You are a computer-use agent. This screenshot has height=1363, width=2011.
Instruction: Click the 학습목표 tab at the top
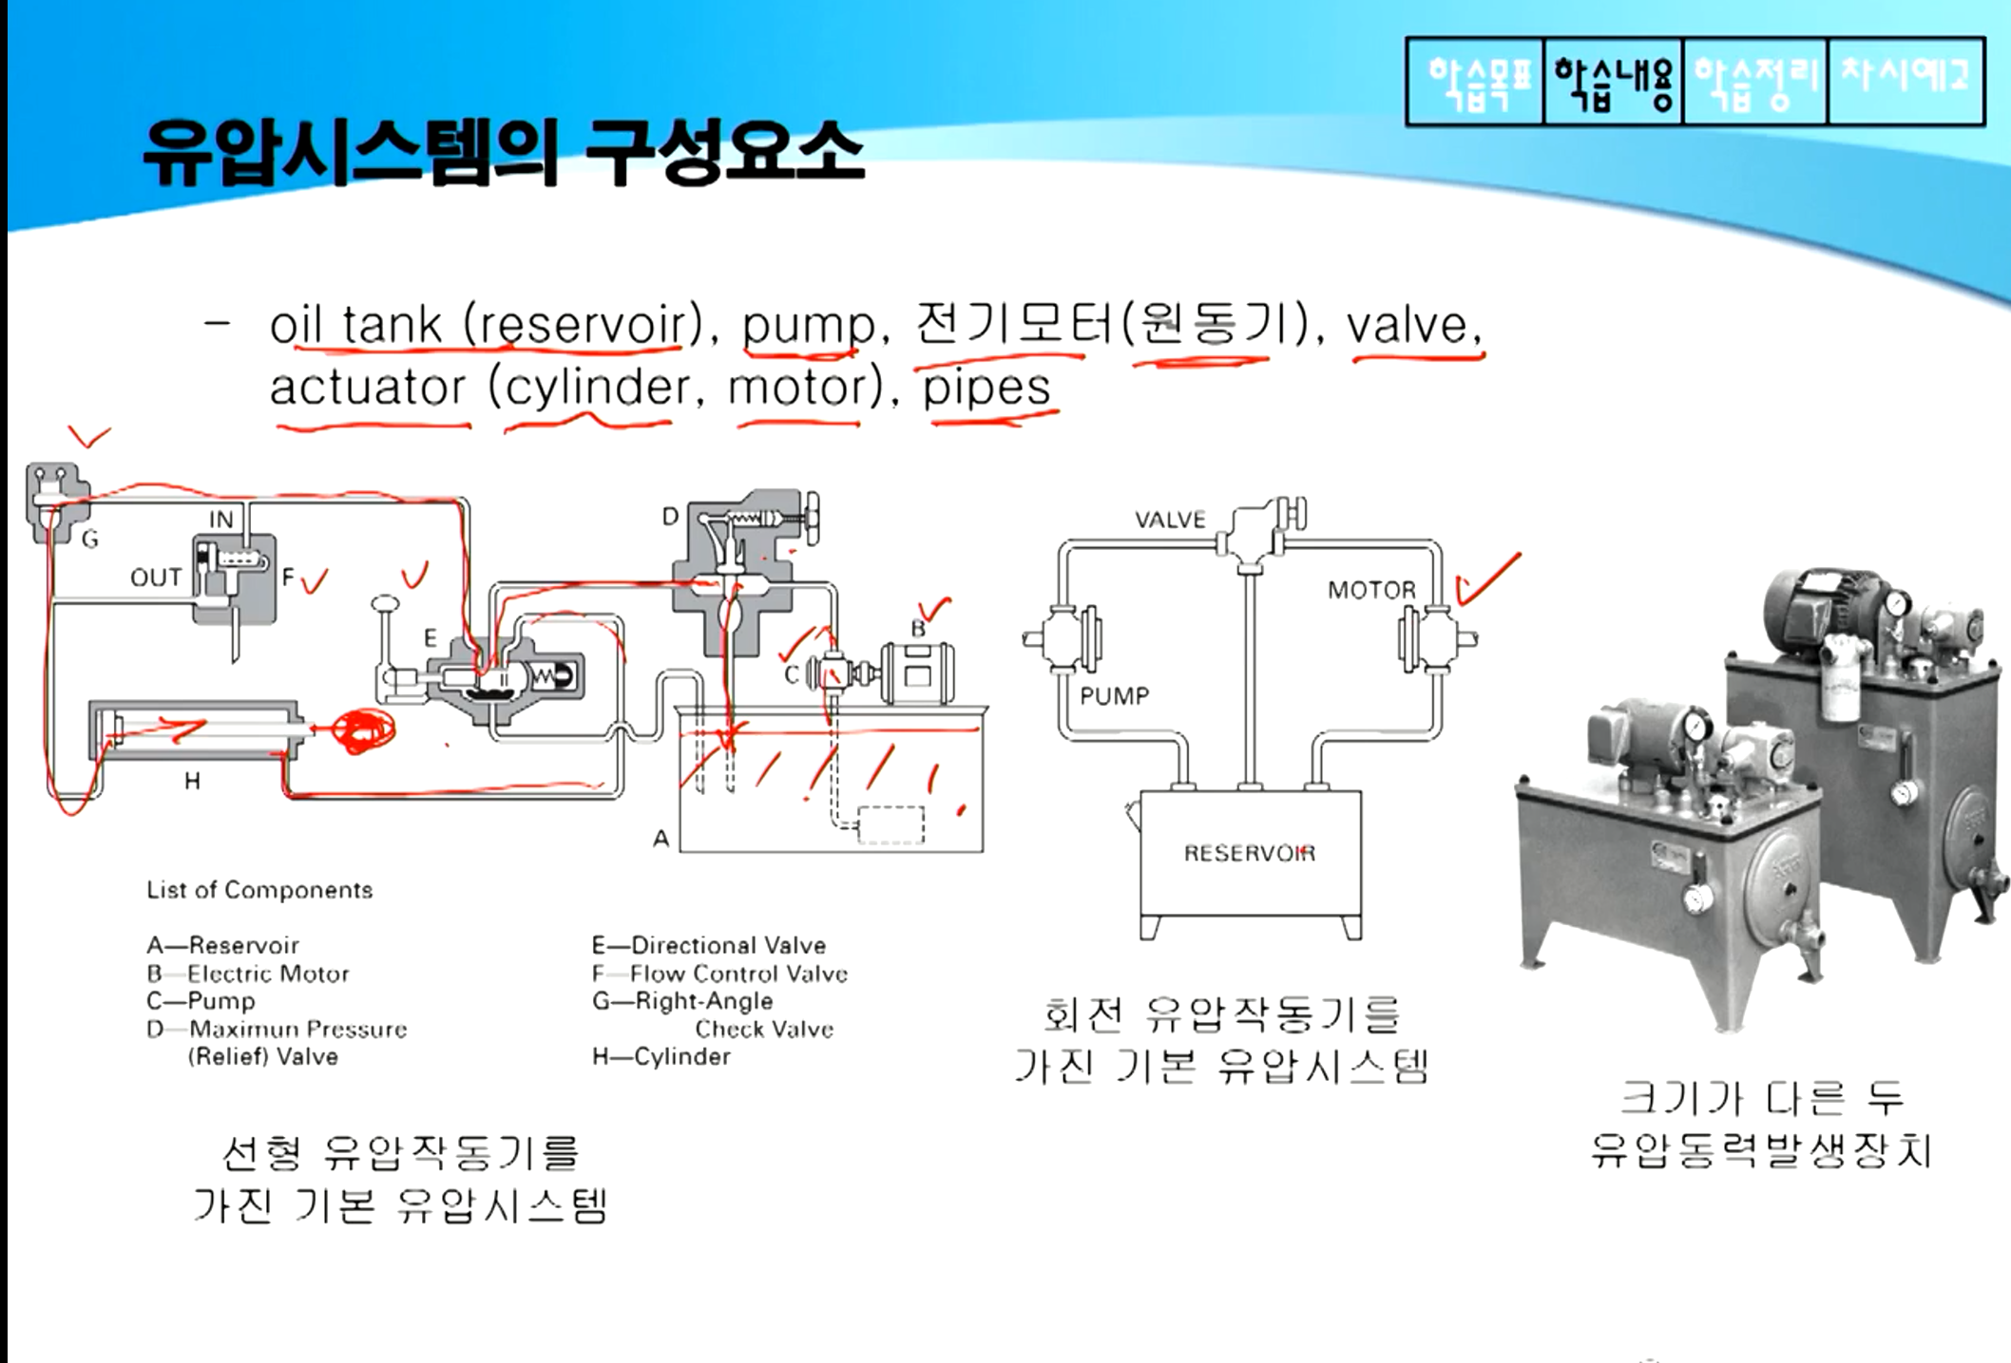[1476, 82]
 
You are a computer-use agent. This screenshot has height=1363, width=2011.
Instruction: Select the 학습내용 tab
[1614, 82]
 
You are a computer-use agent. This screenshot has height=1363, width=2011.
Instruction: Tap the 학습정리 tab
[1754, 82]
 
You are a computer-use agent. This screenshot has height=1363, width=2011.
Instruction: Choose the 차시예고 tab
[1905, 80]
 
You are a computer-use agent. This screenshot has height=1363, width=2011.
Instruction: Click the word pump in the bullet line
[809, 327]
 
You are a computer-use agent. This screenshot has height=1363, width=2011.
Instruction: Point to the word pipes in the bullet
[987, 388]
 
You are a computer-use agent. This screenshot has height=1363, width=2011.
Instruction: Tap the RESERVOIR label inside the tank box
[1250, 853]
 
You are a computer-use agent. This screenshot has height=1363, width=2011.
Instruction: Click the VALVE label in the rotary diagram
[1170, 520]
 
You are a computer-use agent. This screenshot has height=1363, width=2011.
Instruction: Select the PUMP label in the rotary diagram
[1114, 696]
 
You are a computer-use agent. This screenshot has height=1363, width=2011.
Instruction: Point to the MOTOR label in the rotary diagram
[1371, 591]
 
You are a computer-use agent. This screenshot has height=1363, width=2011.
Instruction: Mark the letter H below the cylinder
[192, 782]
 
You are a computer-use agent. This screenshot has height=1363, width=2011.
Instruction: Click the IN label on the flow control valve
[220, 520]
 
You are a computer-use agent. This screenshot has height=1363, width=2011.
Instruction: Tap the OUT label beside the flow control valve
[156, 577]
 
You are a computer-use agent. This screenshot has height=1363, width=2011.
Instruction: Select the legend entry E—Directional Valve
[709, 945]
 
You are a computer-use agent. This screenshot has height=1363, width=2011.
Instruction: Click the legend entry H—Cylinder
[661, 1056]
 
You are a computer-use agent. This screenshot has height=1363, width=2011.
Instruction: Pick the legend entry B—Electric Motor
[248, 974]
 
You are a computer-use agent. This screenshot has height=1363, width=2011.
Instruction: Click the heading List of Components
[259, 890]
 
